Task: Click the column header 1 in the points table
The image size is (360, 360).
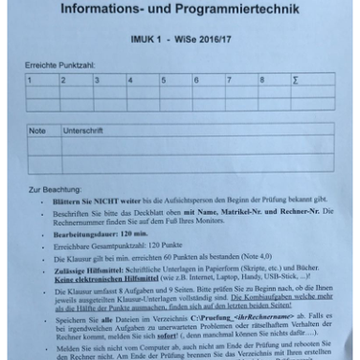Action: pos(31,80)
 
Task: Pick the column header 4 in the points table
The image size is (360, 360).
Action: pos(130,80)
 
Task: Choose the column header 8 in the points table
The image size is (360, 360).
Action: pos(262,80)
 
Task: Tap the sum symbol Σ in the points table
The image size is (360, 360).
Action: pos(296,80)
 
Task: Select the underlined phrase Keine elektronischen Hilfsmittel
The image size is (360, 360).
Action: pos(100,278)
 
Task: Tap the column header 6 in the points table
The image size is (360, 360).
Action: pos(197,80)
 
